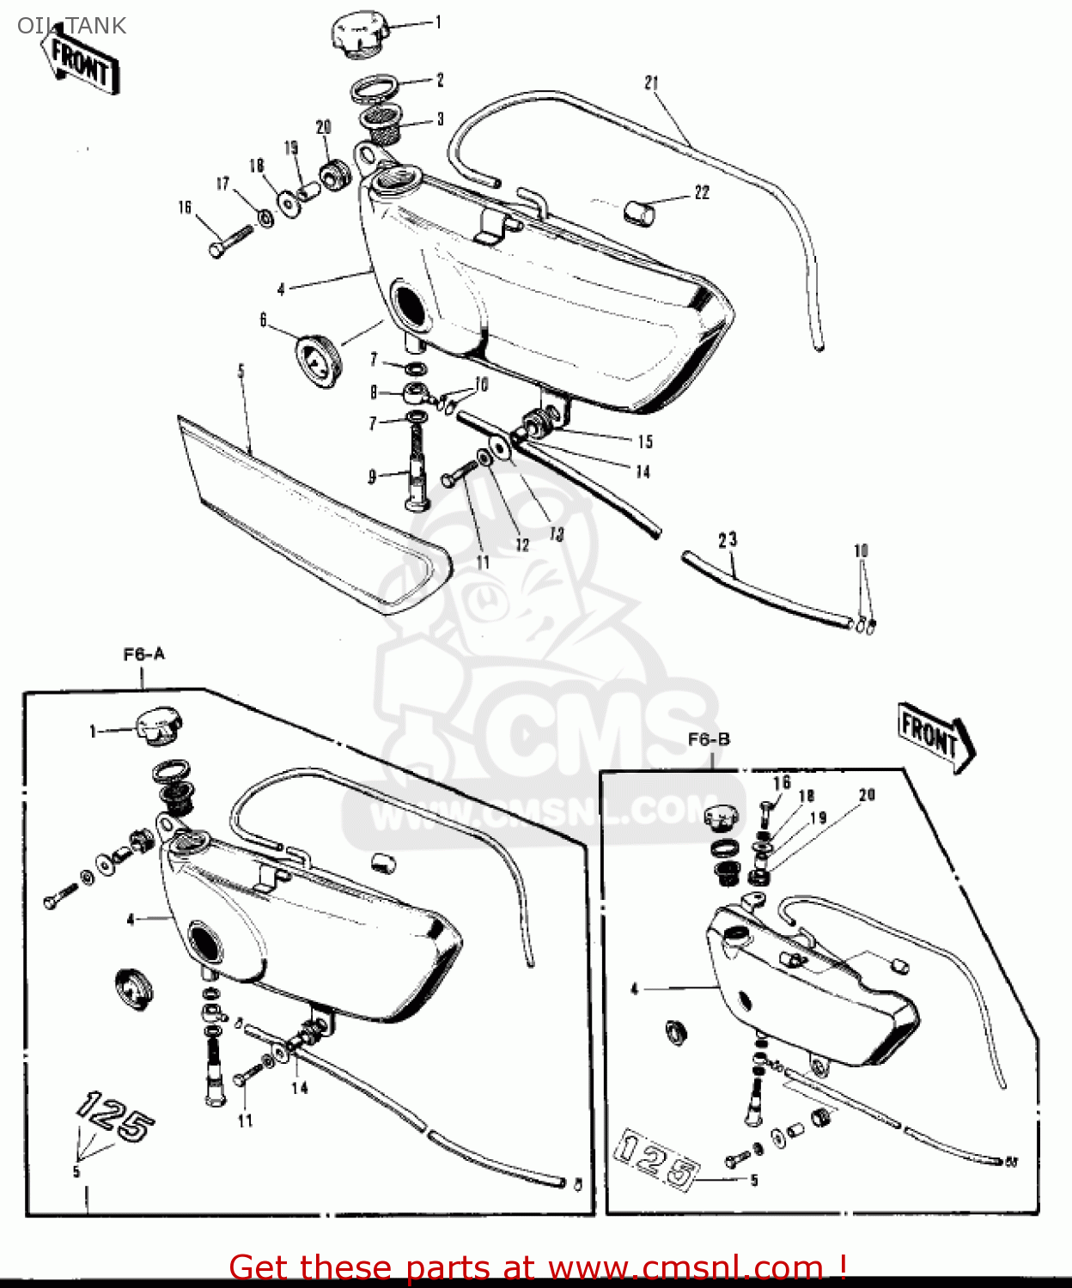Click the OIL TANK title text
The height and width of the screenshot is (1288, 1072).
[x=71, y=26]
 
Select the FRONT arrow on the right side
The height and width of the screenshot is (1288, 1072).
[x=934, y=736]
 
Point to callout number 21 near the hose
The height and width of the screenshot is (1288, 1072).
[x=652, y=83]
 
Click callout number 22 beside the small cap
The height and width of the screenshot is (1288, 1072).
[x=702, y=192]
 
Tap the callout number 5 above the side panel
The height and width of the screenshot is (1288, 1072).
[x=241, y=371]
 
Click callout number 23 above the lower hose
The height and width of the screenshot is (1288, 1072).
[x=728, y=540]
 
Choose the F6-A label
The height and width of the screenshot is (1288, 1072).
[x=143, y=655]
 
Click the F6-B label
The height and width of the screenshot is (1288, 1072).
[x=709, y=739]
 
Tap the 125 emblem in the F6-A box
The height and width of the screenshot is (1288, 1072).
[x=116, y=1116]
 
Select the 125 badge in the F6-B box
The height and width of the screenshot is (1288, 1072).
[x=657, y=1161]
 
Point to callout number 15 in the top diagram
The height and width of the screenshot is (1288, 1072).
[x=645, y=441]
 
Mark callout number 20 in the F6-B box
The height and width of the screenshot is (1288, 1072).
[x=867, y=795]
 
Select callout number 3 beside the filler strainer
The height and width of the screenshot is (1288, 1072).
[x=441, y=119]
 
